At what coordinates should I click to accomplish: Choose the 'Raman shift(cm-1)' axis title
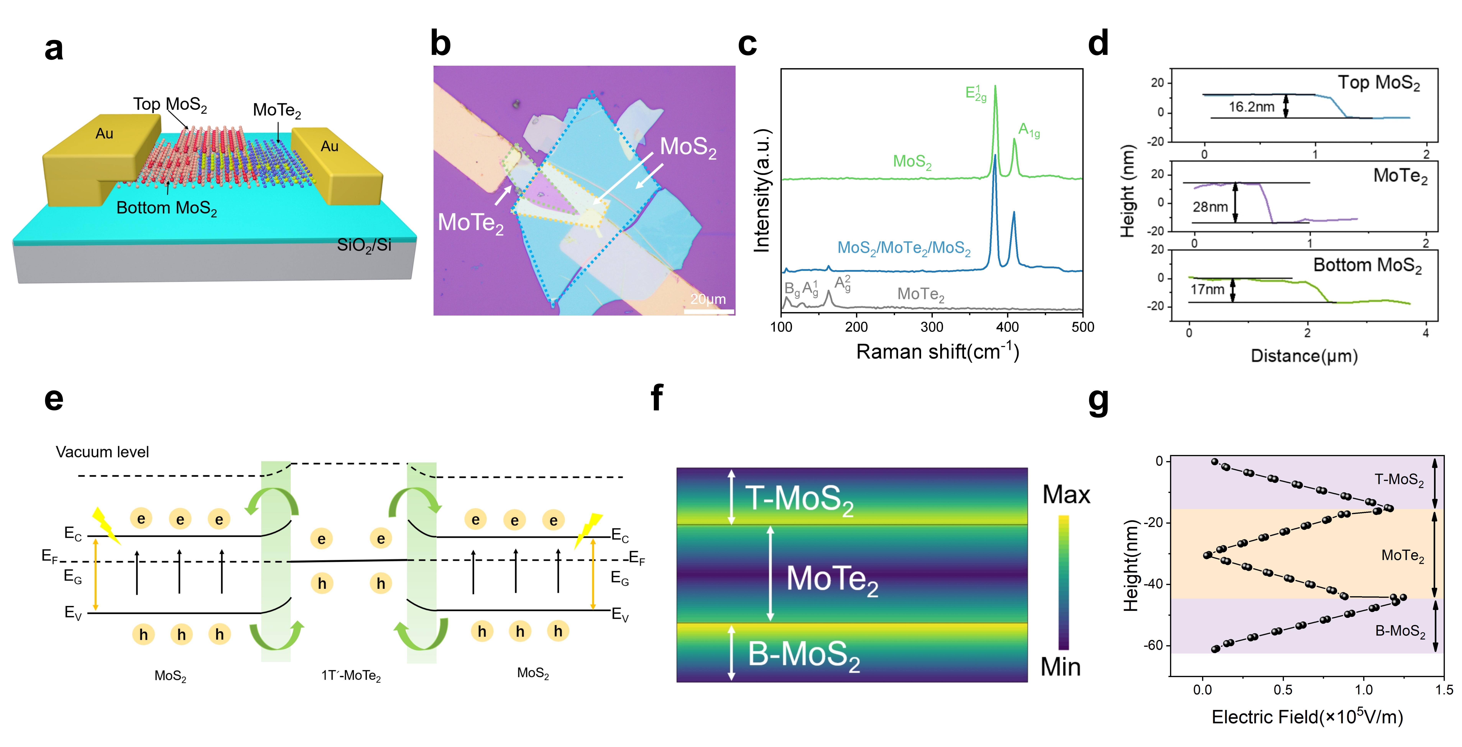click(938, 352)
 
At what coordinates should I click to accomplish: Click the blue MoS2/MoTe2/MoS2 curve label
click(903, 248)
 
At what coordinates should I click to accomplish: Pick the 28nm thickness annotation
click(1210, 207)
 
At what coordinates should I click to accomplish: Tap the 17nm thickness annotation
click(1207, 290)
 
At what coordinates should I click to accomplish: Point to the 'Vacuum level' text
click(102, 452)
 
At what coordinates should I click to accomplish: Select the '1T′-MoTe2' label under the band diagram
click(351, 676)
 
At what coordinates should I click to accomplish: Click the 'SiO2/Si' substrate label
click(364, 245)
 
